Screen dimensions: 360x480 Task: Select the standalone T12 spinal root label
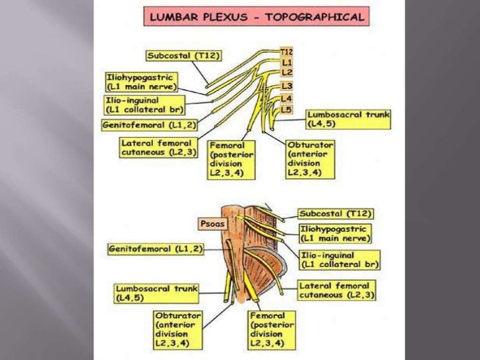pyautogui.click(x=286, y=51)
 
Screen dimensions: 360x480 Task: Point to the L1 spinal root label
pyautogui.click(x=286, y=61)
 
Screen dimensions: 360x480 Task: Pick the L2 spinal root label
pyautogui.click(x=286, y=71)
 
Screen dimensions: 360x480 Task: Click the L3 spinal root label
pyautogui.click(x=286, y=86)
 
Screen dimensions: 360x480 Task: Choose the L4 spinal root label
pyautogui.click(x=286, y=98)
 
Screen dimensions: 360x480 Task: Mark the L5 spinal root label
pyautogui.click(x=286, y=109)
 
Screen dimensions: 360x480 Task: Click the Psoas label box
pyautogui.click(x=212, y=224)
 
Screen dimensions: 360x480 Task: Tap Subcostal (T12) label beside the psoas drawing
pyautogui.click(x=336, y=214)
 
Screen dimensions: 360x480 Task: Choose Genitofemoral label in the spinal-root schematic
pyautogui.click(x=149, y=124)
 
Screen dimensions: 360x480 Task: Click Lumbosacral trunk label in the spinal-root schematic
pyautogui.click(x=348, y=119)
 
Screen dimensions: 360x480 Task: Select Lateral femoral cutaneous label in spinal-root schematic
pyautogui.click(x=156, y=147)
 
